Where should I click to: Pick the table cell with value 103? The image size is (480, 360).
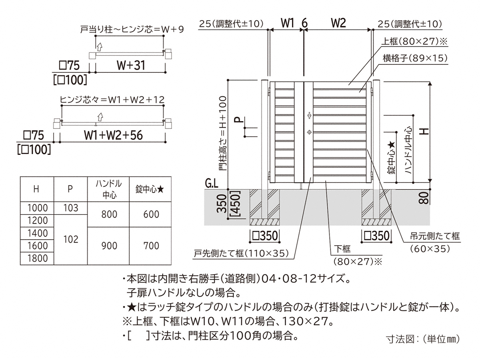(70, 208)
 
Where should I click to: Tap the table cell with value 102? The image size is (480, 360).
(70, 239)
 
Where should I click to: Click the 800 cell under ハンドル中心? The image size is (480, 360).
(109, 214)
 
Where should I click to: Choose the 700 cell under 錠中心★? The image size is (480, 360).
(151, 246)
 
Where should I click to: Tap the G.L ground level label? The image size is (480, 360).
(212, 184)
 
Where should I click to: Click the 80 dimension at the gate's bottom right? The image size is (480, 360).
(425, 197)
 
